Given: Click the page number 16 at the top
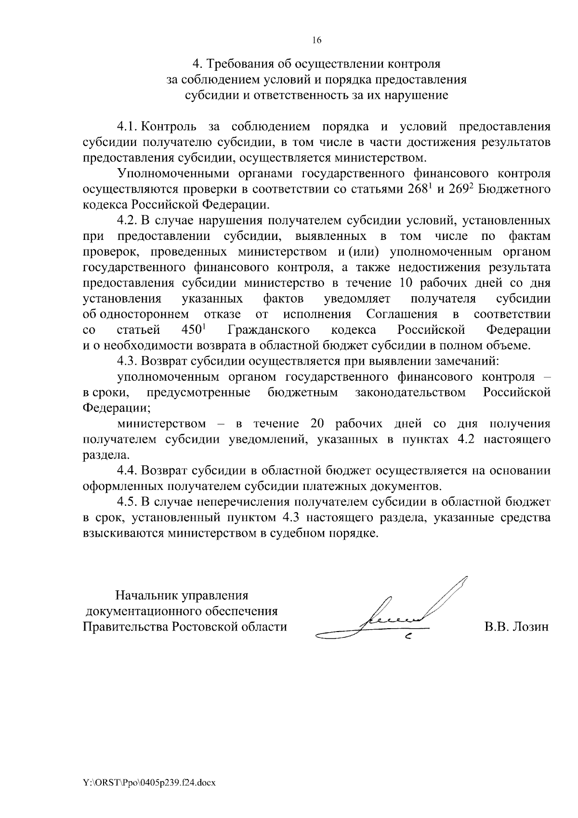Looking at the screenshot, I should (317, 40).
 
